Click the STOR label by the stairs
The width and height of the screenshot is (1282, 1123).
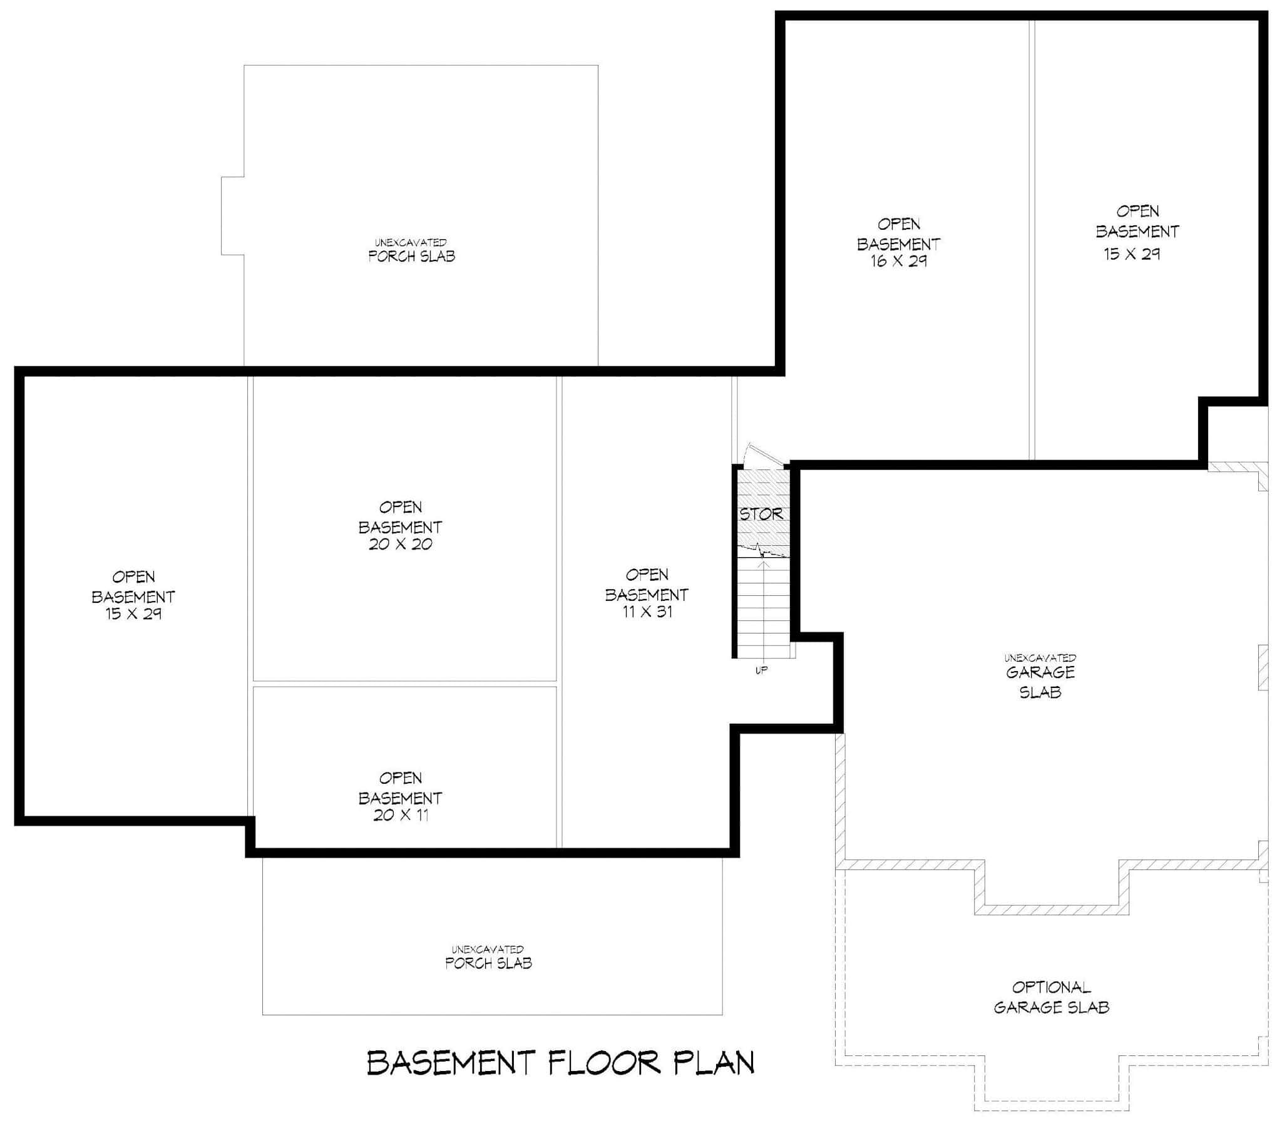point(761,515)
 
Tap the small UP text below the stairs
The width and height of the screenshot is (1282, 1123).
point(761,670)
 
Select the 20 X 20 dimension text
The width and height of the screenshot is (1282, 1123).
point(401,544)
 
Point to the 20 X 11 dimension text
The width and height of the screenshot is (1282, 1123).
point(401,815)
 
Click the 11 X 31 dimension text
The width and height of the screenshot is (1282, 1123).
point(647,612)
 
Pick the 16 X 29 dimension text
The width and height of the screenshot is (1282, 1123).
point(898,261)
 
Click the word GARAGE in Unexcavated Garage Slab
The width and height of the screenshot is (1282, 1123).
point(1040,672)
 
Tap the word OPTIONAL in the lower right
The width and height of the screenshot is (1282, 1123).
point(1052,988)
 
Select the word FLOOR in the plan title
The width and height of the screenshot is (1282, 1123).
point(605,1064)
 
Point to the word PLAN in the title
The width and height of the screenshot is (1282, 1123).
point(714,1064)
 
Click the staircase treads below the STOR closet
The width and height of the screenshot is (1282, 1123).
point(764,608)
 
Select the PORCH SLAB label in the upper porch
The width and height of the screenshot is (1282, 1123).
point(412,256)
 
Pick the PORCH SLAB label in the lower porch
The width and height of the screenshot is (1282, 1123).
point(489,963)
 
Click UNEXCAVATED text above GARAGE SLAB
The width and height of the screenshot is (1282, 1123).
point(1040,658)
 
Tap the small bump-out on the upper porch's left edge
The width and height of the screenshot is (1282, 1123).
point(232,216)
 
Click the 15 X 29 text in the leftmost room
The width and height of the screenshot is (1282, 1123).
point(133,613)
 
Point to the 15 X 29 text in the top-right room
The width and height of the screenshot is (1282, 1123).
point(1132,254)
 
